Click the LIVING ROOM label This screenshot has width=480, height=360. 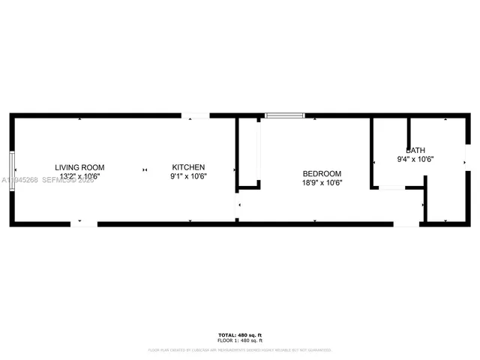(79, 167)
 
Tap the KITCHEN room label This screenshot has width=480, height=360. (188, 167)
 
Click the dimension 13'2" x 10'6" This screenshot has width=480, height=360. (79, 176)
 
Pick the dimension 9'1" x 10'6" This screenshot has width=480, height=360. (188, 176)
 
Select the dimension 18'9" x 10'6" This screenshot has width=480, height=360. (322, 182)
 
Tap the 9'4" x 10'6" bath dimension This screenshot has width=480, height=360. (415, 159)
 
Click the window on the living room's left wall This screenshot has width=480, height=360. (12, 172)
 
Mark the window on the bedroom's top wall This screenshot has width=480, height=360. (285, 115)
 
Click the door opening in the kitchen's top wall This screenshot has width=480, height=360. (196, 115)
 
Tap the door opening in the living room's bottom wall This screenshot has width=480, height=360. (84, 223)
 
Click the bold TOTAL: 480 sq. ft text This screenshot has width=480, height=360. (240, 334)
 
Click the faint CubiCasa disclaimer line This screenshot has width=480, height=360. (240, 349)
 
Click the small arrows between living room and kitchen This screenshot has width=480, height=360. (145, 172)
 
